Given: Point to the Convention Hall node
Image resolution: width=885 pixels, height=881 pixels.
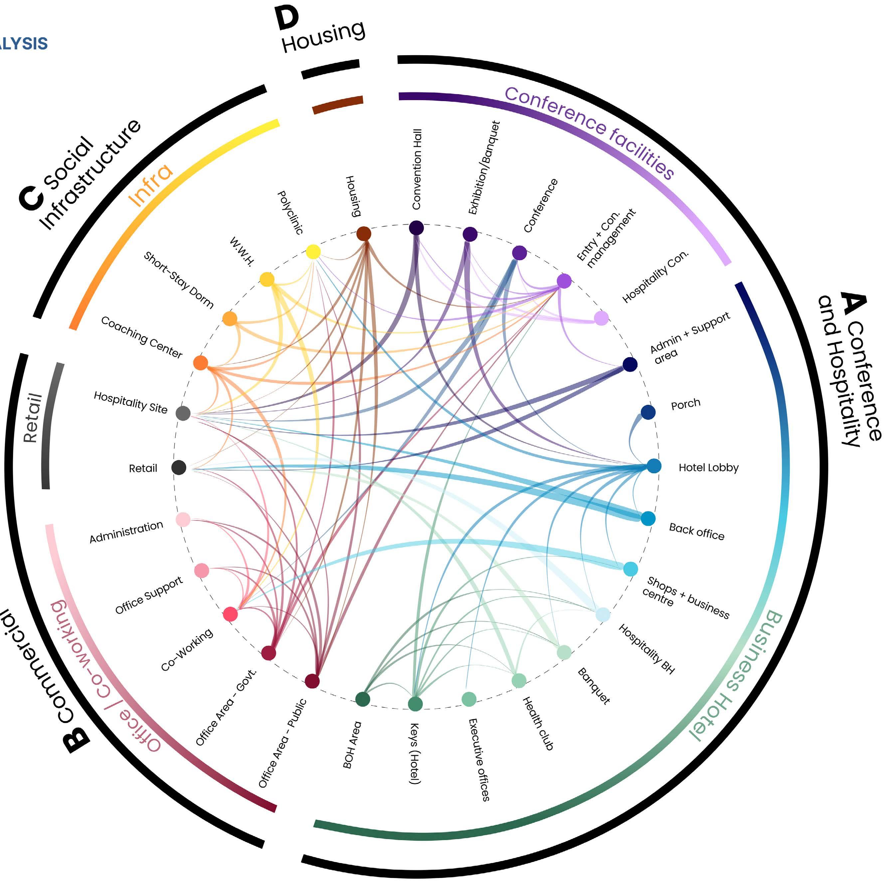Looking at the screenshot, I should [416, 227].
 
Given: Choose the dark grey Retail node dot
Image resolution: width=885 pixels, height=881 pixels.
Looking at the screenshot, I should [179, 468].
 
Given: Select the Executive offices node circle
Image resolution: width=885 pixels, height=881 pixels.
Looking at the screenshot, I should [468, 699].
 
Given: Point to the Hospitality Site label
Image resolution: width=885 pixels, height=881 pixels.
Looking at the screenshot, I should [130, 402].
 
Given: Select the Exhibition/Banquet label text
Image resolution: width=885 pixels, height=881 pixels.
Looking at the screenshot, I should [484, 168].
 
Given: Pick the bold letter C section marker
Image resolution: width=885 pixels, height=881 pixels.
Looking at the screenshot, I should [31, 198].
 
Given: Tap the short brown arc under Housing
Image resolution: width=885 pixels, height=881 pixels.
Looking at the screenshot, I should [338, 105].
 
